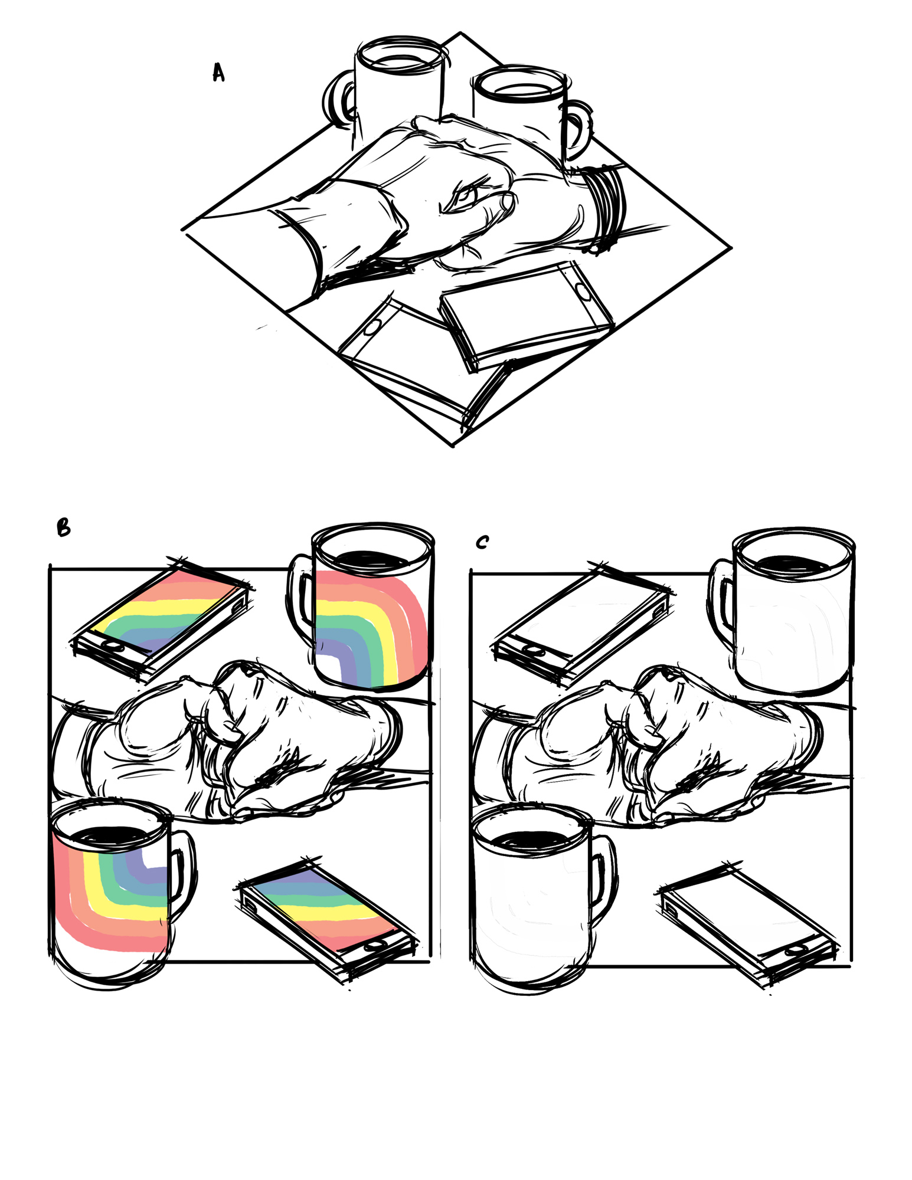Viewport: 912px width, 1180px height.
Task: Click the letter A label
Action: (218, 73)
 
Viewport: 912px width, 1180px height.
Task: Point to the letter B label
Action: (63, 527)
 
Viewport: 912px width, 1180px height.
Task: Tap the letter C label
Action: (482, 542)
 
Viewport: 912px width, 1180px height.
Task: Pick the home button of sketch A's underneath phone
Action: (371, 327)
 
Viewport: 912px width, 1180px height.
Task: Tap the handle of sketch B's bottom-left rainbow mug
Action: (181, 877)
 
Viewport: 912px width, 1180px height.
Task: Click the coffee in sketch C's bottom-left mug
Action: (532, 839)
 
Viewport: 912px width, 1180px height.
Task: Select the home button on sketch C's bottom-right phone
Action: (795, 950)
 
